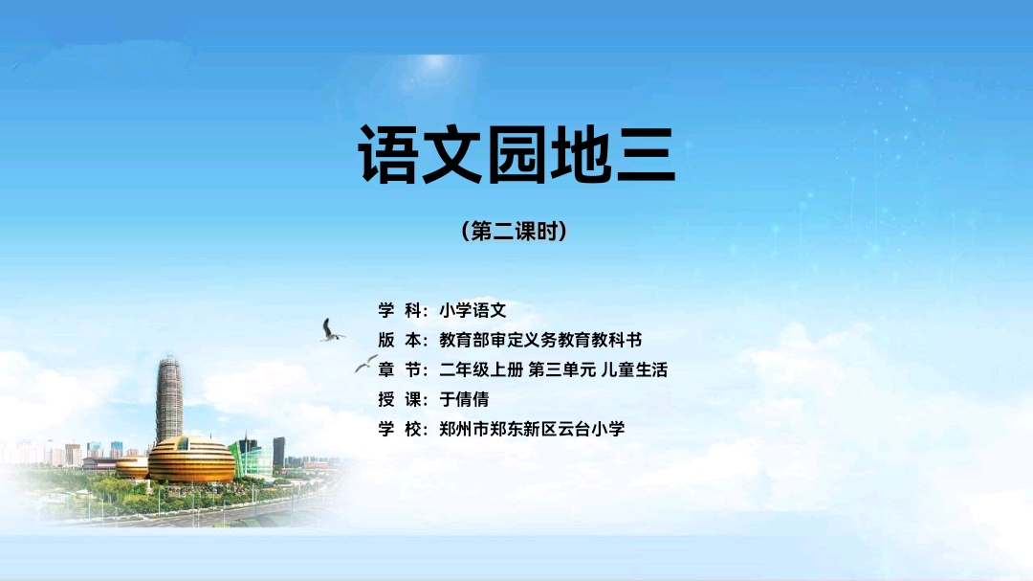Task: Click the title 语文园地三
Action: (517, 154)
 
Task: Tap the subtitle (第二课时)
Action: (515, 231)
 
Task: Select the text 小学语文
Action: (473, 310)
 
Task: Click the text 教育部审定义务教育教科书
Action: (540, 340)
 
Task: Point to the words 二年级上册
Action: (481, 369)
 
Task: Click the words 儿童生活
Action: (634, 369)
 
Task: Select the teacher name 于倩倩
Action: (464, 399)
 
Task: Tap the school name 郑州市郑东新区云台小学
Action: (532, 429)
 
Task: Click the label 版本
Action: (399, 340)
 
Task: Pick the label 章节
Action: (399, 369)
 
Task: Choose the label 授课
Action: (399, 399)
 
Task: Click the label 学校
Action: (399, 429)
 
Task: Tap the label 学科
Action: (399, 310)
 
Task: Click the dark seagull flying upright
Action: (330, 330)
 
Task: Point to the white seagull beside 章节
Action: (365, 363)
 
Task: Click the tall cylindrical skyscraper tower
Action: (169, 399)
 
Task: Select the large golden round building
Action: (191, 459)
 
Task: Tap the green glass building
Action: (249, 458)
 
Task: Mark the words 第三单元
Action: (562, 369)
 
